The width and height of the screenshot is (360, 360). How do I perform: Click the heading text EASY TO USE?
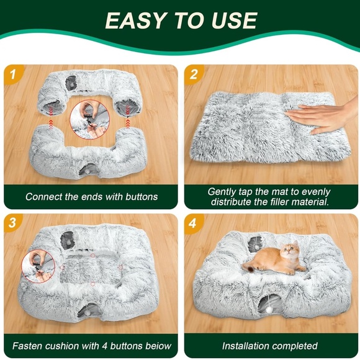click(x=180, y=20)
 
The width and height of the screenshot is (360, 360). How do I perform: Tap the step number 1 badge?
click(x=12, y=75)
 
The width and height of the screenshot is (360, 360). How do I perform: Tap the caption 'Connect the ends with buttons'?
click(x=92, y=197)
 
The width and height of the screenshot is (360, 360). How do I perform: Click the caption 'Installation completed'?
click(x=270, y=346)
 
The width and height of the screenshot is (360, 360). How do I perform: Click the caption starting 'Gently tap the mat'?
click(x=270, y=197)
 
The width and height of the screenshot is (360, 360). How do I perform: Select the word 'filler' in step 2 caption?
click(x=266, y=202)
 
